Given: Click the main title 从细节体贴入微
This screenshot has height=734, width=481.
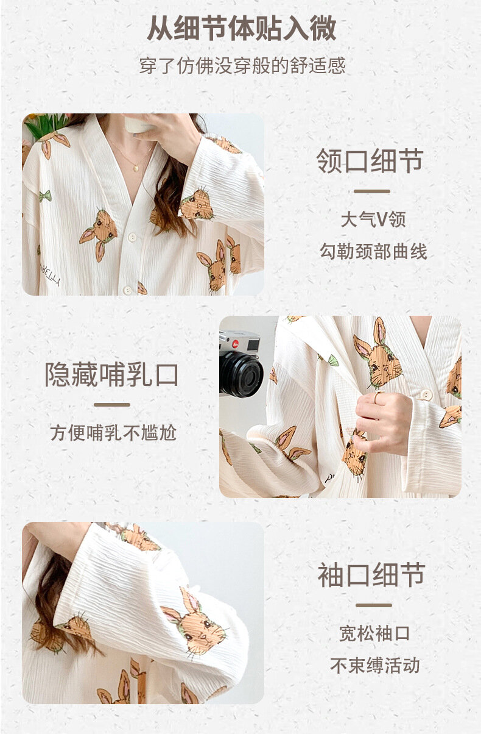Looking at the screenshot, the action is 242,28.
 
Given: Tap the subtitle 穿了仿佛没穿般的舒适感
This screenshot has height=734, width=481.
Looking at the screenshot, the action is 242,66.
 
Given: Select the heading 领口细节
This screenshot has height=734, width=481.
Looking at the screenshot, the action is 370,160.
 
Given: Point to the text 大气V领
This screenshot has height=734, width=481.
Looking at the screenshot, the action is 373,219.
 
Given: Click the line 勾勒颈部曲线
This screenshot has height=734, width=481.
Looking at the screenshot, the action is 373,252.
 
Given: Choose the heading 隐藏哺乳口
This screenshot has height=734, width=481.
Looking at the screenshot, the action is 111,374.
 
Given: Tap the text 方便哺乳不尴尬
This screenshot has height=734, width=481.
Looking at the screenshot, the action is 113,433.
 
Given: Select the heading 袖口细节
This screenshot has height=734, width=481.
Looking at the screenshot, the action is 371,575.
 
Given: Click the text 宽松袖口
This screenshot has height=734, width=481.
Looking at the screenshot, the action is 374,633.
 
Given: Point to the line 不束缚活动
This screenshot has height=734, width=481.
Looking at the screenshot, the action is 374,665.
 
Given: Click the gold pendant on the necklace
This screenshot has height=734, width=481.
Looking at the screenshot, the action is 136,168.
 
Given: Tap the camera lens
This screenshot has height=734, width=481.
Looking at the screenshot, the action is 241,374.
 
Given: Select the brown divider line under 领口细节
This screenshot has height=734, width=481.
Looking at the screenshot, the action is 372,191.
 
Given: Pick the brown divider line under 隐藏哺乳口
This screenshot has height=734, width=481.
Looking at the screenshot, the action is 112,405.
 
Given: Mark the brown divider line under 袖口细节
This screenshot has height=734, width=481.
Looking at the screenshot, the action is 374,605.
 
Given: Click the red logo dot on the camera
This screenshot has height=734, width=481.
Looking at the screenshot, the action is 235,343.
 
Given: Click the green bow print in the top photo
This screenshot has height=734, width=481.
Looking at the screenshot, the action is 45,196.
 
